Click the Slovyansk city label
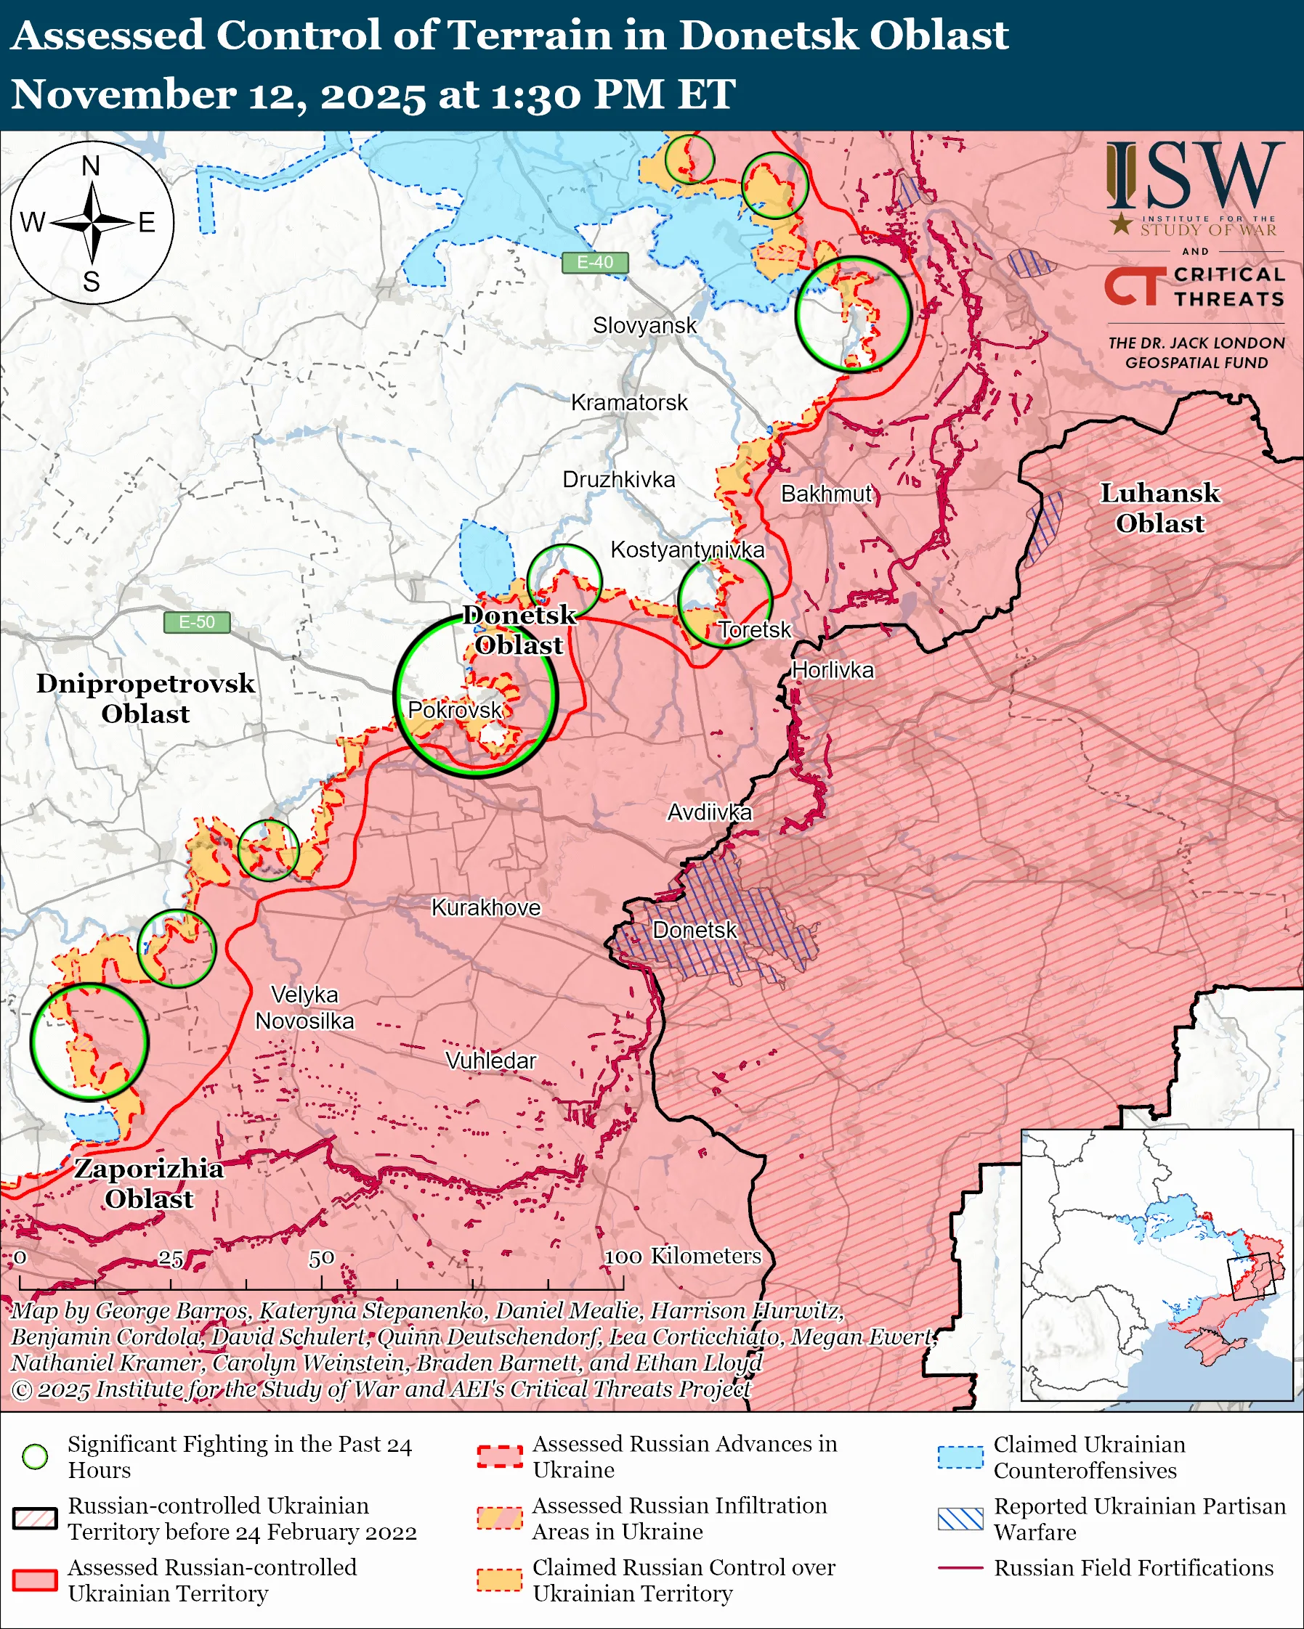[644, 326]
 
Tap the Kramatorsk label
[629, 403]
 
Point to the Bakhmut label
[826, 494]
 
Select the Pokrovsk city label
[454, 710]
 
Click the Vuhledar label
[490, 1061]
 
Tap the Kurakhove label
[486, 907]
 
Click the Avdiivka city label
[709, 813]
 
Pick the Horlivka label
[833, 671]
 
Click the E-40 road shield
[595, 262]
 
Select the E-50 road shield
[197, 623]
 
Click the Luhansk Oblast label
[1159, 508]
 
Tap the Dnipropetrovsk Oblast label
[146, 699]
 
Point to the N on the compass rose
[91, 166]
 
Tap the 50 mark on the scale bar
[321, 1259]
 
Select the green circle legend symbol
[36, 1457]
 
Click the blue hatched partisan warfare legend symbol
[960, 1519]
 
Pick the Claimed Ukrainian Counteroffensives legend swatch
[960, 1457]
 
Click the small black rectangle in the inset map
[1251, 1276]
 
